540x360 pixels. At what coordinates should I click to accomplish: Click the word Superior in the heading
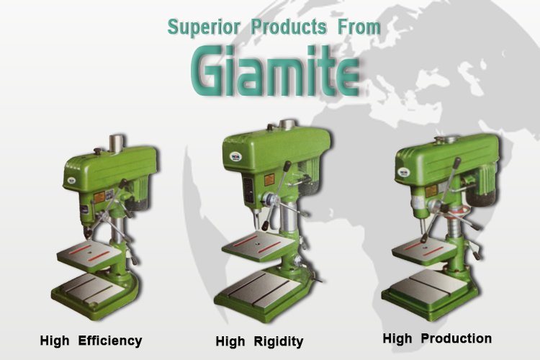[204, 27]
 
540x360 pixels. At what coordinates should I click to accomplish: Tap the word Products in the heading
[289, 27]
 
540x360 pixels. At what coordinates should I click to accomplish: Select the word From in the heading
[359, 27]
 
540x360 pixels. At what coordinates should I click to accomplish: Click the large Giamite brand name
[275, 71]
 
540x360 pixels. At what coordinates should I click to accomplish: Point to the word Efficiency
[110, 341]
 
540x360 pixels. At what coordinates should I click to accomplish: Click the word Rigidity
[279, 342]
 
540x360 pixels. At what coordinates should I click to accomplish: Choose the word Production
[456, 338]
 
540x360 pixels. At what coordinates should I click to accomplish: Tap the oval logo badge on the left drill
[71, 180]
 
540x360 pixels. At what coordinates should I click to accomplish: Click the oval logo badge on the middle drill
[235, 157]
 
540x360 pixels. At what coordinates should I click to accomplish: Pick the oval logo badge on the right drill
[404, 172]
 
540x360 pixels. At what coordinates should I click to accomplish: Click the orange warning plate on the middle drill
[269, 180]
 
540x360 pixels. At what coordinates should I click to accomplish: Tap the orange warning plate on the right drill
[431, 191]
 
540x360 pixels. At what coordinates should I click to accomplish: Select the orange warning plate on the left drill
[99, 197]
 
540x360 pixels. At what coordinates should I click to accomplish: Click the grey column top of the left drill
[116, 143]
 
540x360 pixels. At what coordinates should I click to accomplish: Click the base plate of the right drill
[429, 292]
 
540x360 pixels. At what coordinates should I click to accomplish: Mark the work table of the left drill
[89, 256]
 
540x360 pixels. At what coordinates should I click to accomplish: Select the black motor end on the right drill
[481, 198]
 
